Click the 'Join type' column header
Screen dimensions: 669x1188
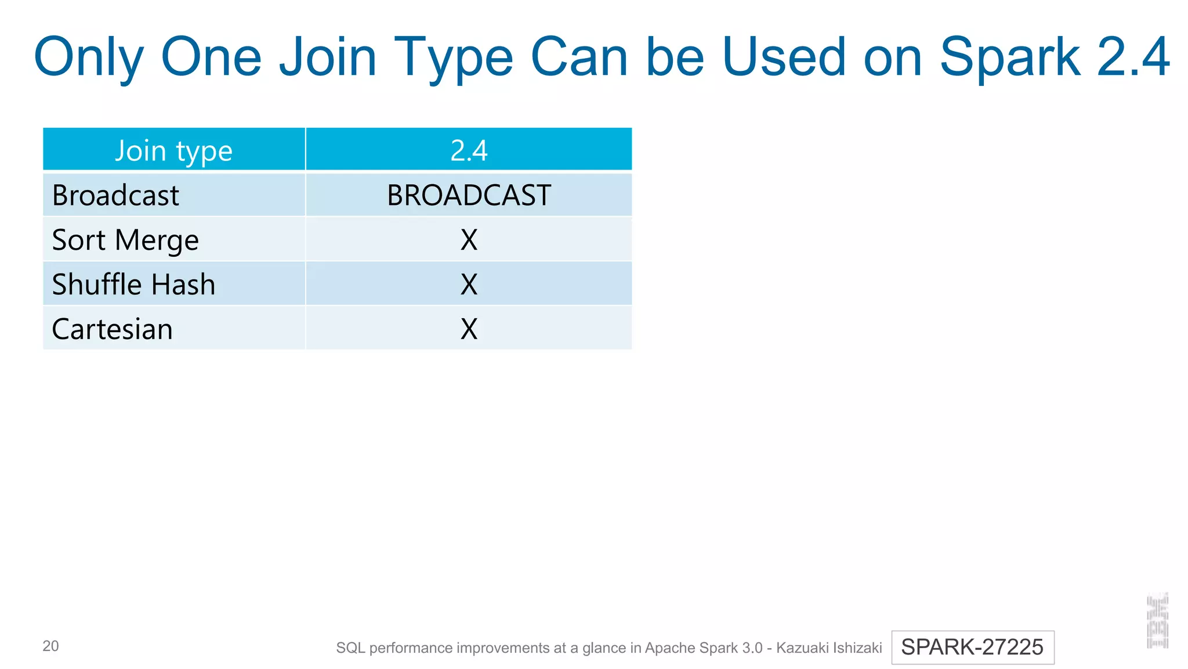coord(173,150)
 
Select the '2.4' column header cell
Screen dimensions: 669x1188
coord(469,150)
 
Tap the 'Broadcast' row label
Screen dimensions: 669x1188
coord(115,195)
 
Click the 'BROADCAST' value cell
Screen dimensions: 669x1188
coord(469,195)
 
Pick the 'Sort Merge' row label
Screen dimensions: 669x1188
coord(125,240)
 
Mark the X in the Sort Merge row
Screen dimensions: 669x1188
coord(469,240)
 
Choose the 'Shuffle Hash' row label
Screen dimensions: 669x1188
coord(133,285)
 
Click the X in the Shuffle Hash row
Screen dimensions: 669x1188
coord(469,285)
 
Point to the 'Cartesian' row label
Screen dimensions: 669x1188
coord(113,329)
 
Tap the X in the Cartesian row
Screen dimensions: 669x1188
coord(469,329)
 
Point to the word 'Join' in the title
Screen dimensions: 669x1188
coord(328,57)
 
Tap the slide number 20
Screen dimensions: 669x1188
coord(50,646)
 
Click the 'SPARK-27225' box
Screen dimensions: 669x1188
coord(972,647)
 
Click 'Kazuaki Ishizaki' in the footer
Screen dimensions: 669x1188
coord(829,648)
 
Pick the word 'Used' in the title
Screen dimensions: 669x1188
coord(784,57)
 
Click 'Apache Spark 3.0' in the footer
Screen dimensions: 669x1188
coord(704,648)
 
